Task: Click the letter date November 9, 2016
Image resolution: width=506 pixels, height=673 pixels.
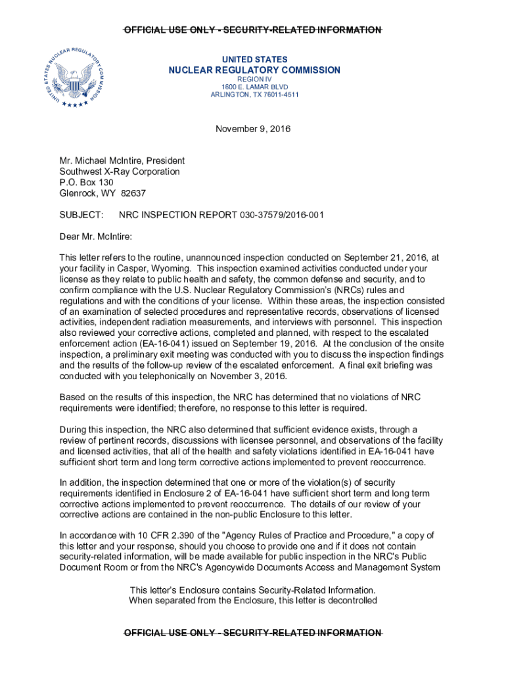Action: tap(253, 129)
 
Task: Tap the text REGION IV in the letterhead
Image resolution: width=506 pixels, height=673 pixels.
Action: tap(254, 79)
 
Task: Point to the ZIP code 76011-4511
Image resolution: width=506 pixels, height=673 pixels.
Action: tap(278, 95)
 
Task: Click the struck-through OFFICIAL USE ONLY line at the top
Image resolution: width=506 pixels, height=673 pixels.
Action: tap(253, 30)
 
